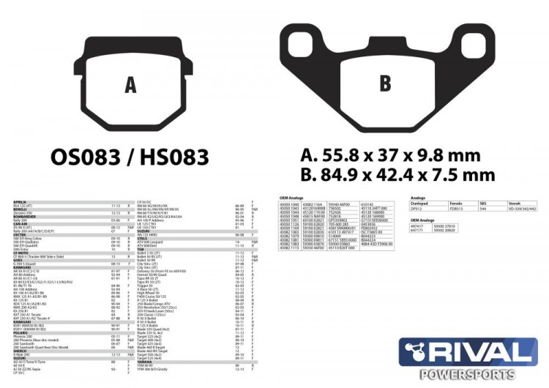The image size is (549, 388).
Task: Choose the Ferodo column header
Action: click(456, 203)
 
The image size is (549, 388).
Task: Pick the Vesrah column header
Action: click(515, 203)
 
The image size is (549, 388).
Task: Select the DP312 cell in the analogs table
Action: click(417, 208)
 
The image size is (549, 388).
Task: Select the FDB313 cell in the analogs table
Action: click(457, 208)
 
